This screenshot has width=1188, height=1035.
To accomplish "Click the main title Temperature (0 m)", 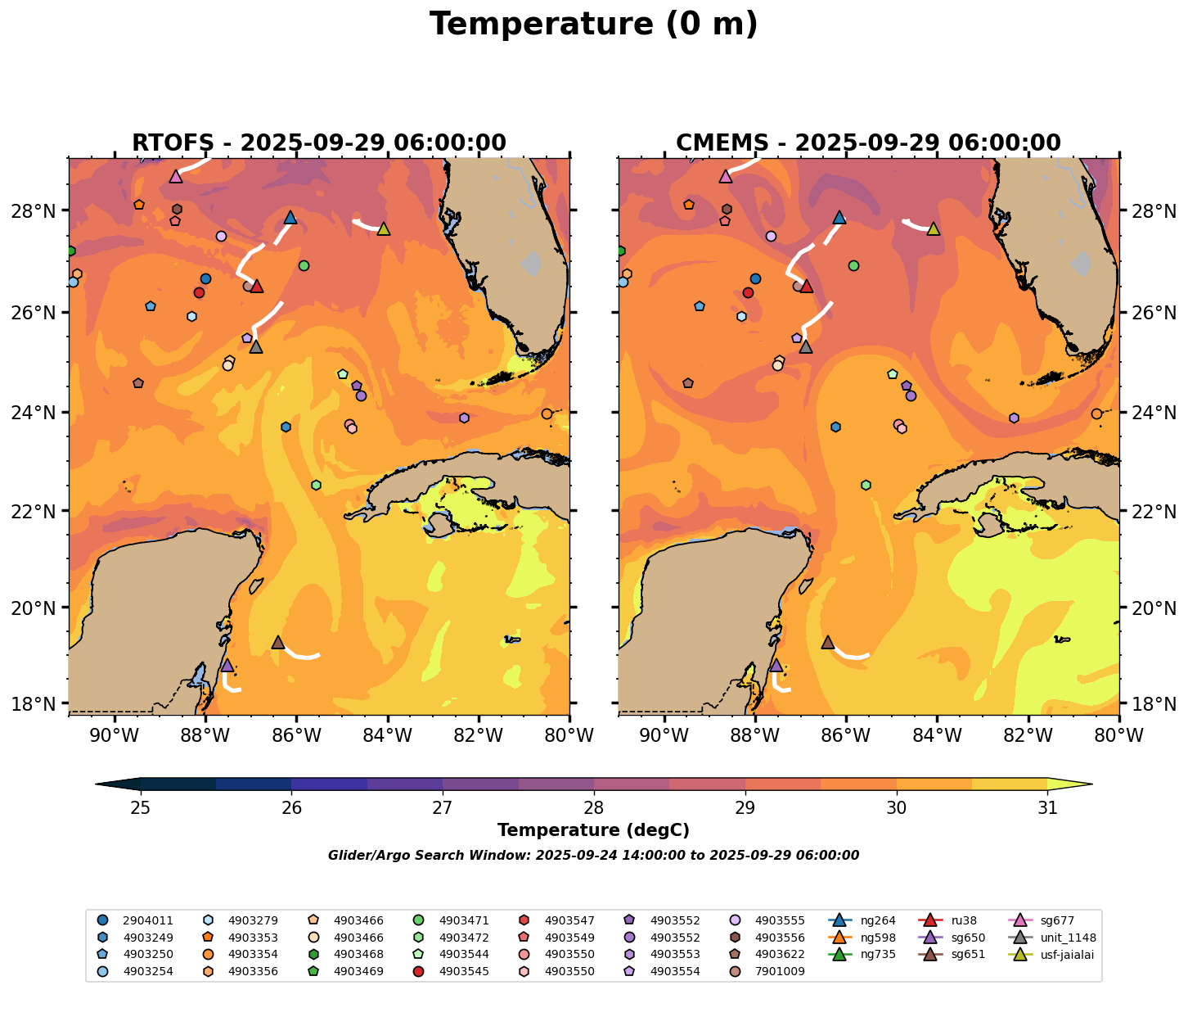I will click(x=593, y=25).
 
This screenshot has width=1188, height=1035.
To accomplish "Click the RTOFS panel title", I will click(x=319, y=143).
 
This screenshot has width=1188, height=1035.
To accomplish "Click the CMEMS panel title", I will click(x=868, y=143).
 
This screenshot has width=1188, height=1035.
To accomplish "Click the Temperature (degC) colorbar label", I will click(x=593, y=830).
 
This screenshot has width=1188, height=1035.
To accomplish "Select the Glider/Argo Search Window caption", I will click(x=593, y=856).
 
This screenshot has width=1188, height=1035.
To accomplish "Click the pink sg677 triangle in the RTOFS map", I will click(x=176, y=176).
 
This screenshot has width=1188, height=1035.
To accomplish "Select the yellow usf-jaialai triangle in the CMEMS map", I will click(x=933, y=228).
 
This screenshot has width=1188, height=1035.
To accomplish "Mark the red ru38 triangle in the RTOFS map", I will click(x=257, y=286).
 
